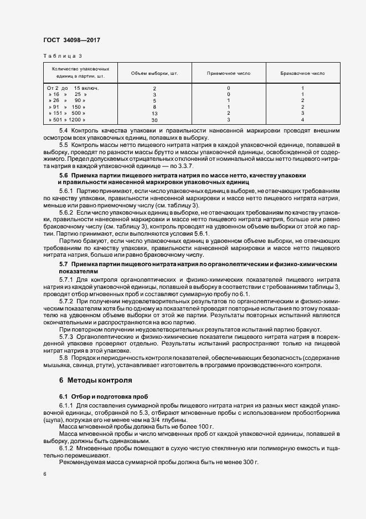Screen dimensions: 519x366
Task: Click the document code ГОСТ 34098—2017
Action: click(x=71, y=40)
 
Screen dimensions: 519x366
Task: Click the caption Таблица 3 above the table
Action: click(x=63, y=56)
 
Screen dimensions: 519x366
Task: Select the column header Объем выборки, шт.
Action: click(x=154, y=73)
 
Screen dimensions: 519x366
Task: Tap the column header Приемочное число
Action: click(x=229, y=73)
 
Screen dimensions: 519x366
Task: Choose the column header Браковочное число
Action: click(x=302, y=73)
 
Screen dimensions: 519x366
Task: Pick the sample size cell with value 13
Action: click(x=154, y=113)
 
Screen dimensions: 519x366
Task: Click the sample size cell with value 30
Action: click(x=154, y=120)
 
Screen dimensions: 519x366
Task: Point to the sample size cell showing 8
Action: click(x=154, y=107)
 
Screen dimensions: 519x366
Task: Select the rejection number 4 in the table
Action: click(x=302, y=120)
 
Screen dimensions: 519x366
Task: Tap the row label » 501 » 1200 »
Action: click(x=66, y=120)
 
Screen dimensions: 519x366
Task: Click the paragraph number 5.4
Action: click(x=64, y=131)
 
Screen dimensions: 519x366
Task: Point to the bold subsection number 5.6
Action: click(x=64, y=175)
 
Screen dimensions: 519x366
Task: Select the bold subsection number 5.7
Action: click(x=64, y=264)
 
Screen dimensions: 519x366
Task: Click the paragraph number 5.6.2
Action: click(x=66, y=213)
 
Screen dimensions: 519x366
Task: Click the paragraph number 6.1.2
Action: click(x=66, y=447)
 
